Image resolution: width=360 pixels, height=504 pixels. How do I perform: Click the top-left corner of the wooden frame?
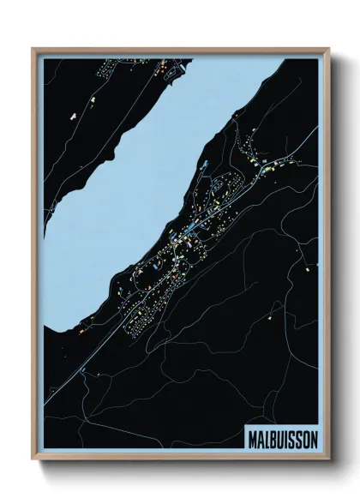click(x=33, y=49)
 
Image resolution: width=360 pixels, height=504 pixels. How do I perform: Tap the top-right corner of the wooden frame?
click(x=327, y=49)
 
